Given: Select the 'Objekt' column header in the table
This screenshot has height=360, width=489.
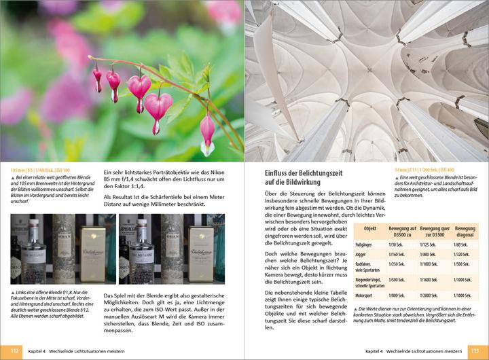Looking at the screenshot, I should [x=370, y=229].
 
